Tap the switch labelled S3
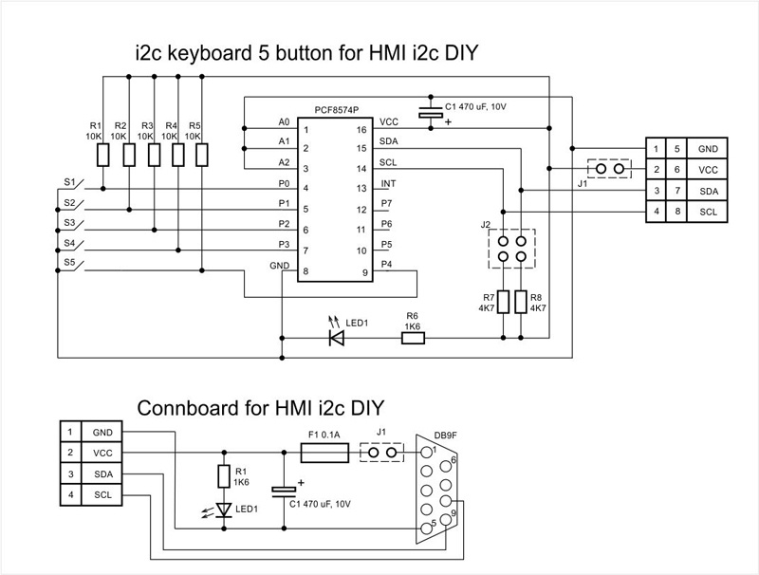[74, 225]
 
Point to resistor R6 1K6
[413, 336]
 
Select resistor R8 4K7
[521, 302]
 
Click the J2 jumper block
[511, 250]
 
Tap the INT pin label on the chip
[387, 183]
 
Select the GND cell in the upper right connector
[707, 149]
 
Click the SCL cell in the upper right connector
[707, 212]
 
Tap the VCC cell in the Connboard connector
[102, 453]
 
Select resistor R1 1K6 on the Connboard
[224, 476]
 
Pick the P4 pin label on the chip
[387, 264]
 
